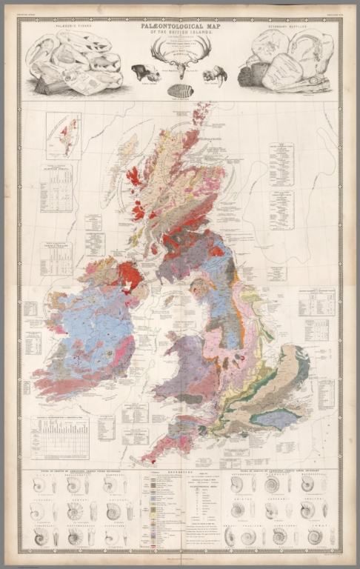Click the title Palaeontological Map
coord(180,25)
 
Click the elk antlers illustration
coord(181,54)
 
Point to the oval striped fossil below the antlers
coord(181,90)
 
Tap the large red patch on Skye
coord(134,178)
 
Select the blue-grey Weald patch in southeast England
coord(275,419)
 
